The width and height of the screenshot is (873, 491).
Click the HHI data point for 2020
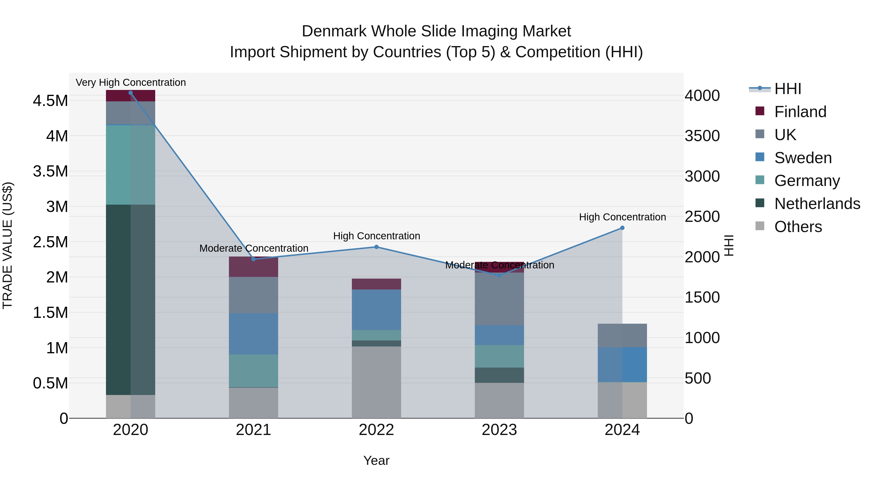tap(130, 93)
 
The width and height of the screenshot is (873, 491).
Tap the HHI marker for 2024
tap(622, 228)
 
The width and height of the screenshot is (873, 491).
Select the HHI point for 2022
tap(376, 247)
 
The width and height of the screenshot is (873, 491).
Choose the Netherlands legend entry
tap(817, 204)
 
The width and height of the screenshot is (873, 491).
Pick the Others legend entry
tap(798, 227)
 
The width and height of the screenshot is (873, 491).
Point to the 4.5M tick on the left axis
tap(50, 101)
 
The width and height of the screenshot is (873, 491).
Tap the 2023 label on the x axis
tap(499, 430)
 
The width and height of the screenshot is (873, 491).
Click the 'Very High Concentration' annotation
tap(130, 82)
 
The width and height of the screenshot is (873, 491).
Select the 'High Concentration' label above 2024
tap(622, 217)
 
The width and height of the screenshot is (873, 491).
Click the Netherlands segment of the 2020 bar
tap(130, 300)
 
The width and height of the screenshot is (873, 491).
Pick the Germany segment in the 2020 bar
tap(130, 165)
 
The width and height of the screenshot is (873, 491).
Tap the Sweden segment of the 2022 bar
tap(376, 310)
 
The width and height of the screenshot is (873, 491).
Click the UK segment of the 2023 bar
tap(499, 299)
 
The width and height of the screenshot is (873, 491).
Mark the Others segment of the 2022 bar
tap(376, 382)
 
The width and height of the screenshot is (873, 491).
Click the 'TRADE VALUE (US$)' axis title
tap(8, 245)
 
